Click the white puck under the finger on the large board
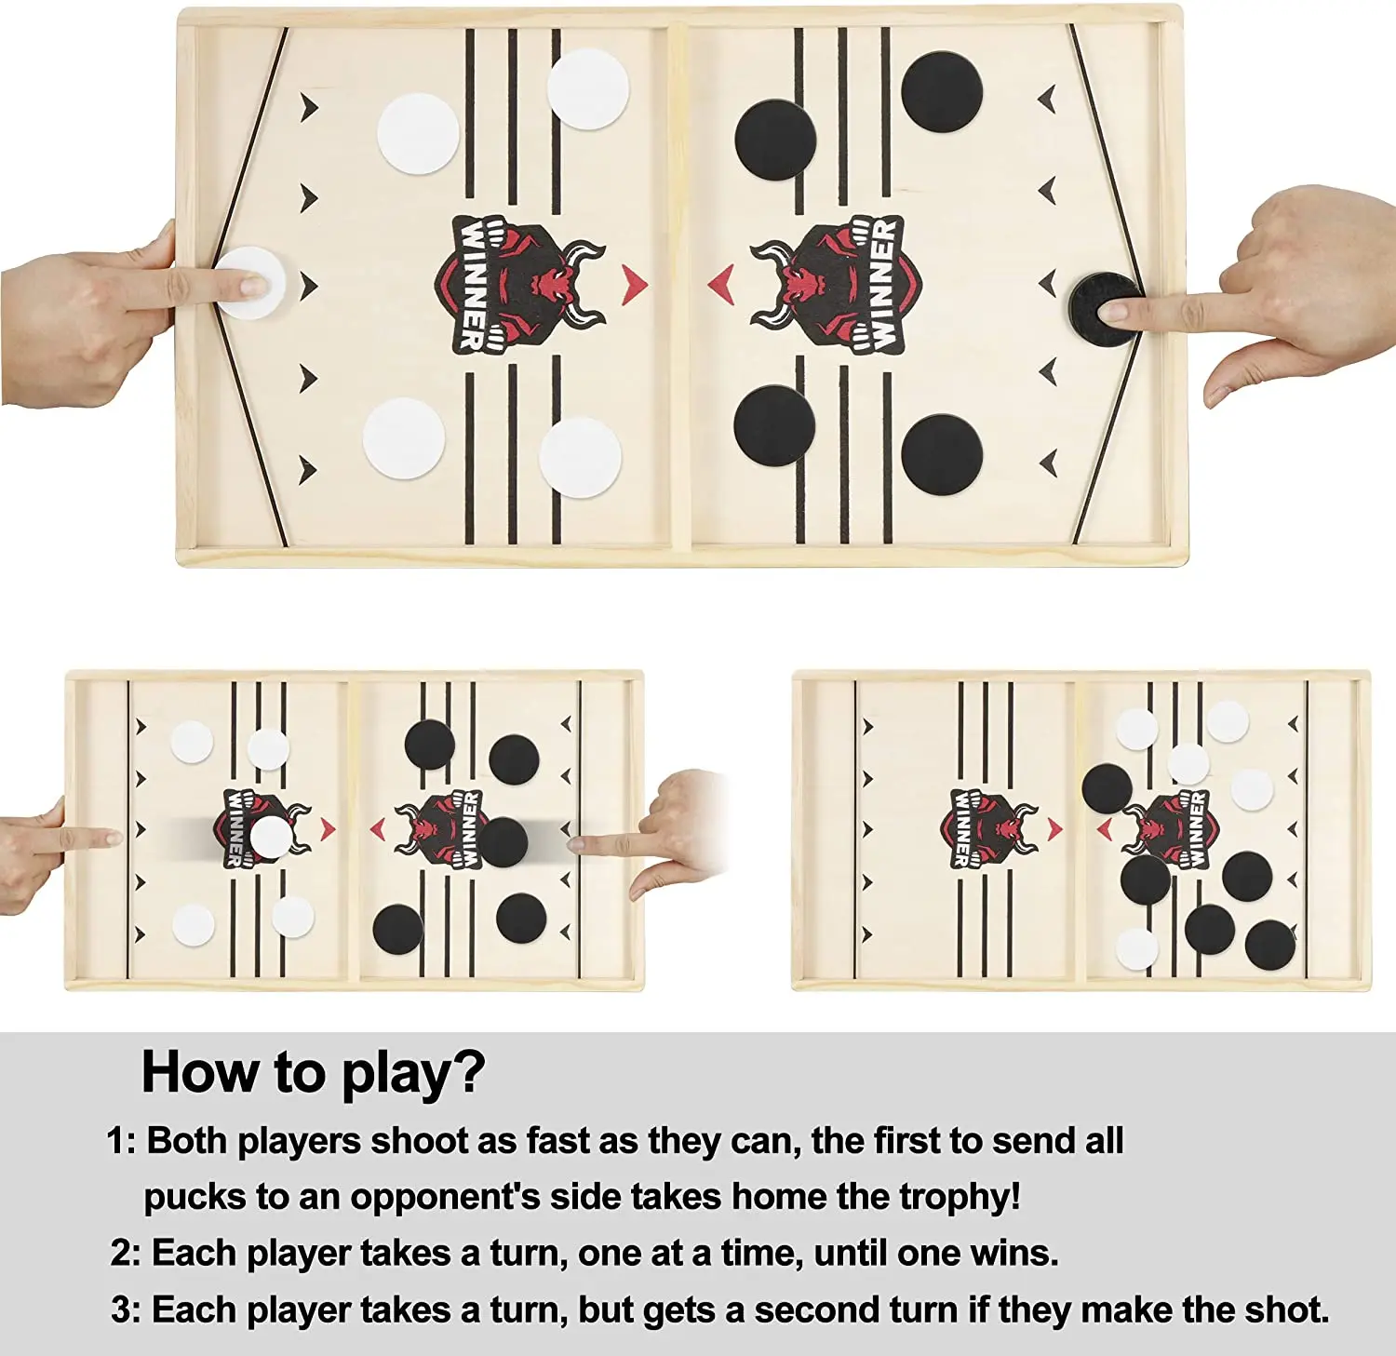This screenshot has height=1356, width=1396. [x=249, y=283]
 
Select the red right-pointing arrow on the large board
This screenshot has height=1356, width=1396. [x=634, y=284]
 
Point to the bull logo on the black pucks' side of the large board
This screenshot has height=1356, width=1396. [x=836, y=284]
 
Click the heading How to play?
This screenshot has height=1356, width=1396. [x=314, y=1074]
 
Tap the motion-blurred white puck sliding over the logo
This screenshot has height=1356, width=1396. [x=270, y=837]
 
